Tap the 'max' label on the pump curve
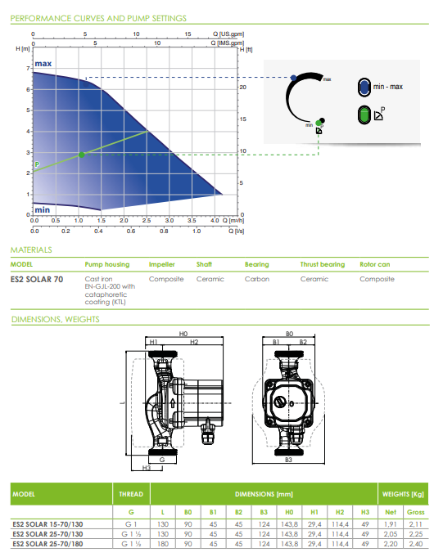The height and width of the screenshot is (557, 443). [43, 64]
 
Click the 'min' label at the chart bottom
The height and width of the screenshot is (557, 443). [43, 209]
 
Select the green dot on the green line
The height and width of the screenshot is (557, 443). [81, 155]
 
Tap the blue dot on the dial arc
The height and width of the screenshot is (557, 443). [293, 78]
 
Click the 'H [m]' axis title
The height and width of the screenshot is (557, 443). [22, 49]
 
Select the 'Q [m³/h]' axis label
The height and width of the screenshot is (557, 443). [236, 220]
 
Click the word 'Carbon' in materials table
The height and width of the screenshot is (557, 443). [257, 279]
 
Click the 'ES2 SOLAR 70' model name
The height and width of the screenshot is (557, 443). [37, 279]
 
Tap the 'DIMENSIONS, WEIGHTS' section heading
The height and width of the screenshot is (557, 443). [55, 320]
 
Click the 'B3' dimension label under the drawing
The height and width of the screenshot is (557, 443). [288, 460]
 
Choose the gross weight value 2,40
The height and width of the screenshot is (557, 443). [415, 542]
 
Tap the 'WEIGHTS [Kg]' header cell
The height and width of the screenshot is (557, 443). [402, 494]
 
